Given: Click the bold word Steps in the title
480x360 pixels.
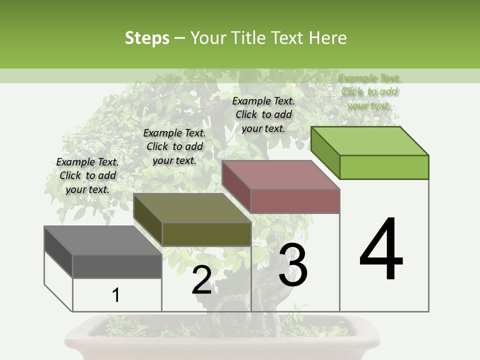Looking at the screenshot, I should click(147, 38).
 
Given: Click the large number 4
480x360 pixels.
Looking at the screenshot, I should click(381, 250).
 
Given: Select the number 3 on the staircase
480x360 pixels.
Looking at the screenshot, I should click(293, 265).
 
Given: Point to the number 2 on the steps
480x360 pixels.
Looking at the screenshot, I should click(202, 280).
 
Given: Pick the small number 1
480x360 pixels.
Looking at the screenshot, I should click(116, 295).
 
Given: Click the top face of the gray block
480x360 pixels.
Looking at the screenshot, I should click(102, 240).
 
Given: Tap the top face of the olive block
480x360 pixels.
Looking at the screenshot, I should click(192, 208).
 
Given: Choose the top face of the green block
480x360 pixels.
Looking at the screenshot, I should click(370, 141).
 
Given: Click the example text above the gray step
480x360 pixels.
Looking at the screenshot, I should click(87, 175).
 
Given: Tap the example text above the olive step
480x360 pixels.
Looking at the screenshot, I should click(174, 146).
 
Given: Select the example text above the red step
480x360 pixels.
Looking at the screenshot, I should click(263, 114).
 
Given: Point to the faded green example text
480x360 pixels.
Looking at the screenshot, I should click(369, 91).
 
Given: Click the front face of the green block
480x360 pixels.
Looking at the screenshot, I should click(384, 167).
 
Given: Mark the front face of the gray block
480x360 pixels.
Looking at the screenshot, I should click(117, 266).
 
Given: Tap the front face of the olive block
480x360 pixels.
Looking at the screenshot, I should click(206, 234).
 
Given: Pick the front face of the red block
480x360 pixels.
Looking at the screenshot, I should click(295, 201).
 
